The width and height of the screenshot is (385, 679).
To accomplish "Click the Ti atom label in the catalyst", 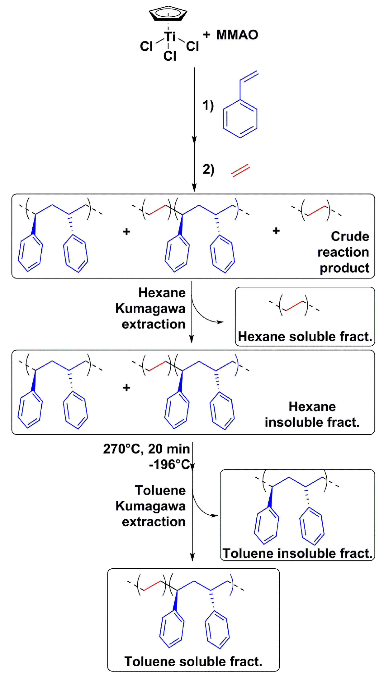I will [169, 37].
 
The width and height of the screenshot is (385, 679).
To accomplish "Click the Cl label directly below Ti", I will [169, 56].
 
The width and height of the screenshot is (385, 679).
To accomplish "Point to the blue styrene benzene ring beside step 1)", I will [240, 119].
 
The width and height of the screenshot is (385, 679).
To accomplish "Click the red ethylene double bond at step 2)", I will [240, 170].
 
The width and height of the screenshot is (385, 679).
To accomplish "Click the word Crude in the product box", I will [350, 236].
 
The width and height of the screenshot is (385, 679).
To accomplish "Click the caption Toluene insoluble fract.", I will [297, 553].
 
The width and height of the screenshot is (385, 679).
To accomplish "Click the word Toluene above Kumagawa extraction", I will [160, 490].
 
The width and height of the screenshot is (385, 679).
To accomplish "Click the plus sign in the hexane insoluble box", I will [127, 388].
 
